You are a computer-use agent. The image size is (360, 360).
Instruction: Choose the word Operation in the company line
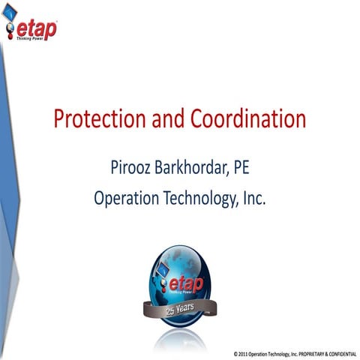click(x=127, y=198)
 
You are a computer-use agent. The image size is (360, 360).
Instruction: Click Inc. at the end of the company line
click(x=253, y=198)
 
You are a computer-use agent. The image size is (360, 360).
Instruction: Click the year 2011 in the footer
click(x=244, y=352)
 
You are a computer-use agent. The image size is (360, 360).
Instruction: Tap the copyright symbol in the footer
click(x=235, y=352)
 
